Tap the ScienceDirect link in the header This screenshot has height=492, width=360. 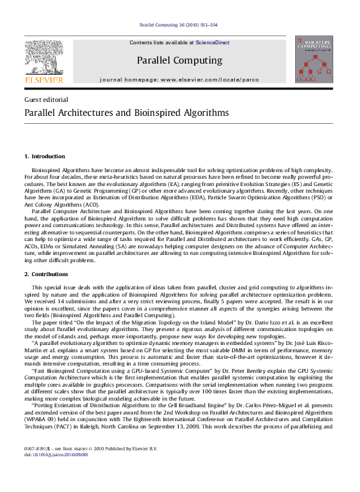(x=212, y=42)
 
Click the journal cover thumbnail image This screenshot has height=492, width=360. (x=314, y=60)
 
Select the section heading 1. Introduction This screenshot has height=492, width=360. (x=44, y=156)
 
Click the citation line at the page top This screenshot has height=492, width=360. (x=179, y=25)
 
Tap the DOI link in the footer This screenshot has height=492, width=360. (x=56, y=455)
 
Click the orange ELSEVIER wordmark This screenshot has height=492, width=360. (x=44, y=80)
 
